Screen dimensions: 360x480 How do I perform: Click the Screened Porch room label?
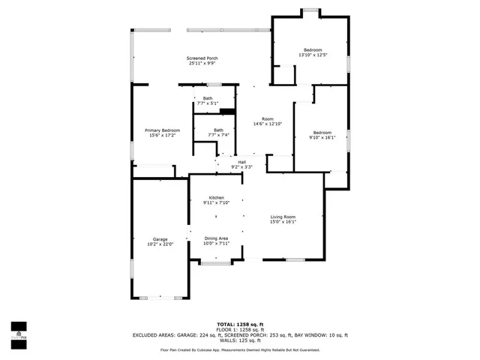point(202,58)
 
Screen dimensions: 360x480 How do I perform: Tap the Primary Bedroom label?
point(162,130)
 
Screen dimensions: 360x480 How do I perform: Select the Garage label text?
point(160,239)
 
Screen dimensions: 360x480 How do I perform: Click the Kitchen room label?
point(216,198)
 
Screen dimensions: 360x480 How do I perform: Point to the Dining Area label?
point(216,238)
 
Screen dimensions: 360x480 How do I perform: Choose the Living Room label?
point(283,217)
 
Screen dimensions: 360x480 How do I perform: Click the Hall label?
point(241,162)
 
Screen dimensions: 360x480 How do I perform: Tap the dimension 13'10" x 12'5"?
point(313,55)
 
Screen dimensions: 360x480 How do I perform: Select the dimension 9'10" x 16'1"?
point(322,137)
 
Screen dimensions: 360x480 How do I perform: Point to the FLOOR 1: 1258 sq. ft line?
point(240,330)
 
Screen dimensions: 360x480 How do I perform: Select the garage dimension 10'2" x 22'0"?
point(160,244)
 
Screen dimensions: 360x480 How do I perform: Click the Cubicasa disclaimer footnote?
point(240,349)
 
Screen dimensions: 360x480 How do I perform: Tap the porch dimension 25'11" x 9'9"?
point(202,64)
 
